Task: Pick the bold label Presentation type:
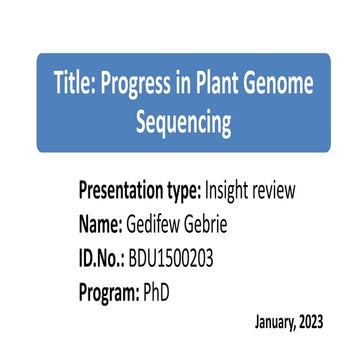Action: pyautogui.click(x=140, y=190)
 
